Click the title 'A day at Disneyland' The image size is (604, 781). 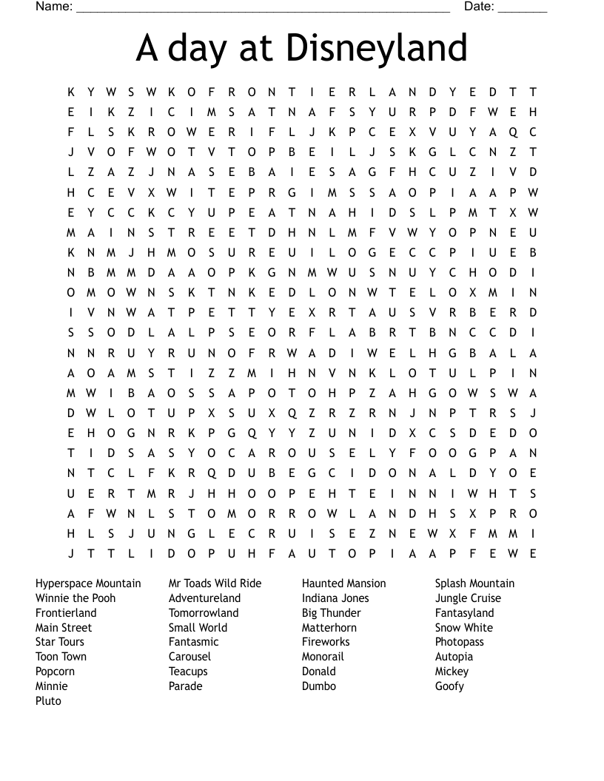[302, 49]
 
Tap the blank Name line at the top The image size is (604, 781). [263, 9]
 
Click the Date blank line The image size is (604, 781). [523, 9]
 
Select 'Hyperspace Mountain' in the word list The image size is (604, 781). [88, 584]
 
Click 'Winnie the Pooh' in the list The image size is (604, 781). [75, 598]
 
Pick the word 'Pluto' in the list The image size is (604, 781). [48, 701]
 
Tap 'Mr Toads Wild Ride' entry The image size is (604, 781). [215, 584]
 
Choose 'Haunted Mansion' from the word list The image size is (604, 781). [343, 584]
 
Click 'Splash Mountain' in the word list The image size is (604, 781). [474, 584]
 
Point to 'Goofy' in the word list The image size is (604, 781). [449, 686]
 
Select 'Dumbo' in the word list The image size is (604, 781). [319, 686]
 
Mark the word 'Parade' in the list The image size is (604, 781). [185, 686]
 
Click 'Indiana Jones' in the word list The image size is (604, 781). [335, 598]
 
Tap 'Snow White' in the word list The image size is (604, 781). [463, 628]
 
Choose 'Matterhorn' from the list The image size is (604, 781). [329, 628]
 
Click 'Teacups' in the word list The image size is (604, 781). [188, 672]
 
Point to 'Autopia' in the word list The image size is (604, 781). [454, 657]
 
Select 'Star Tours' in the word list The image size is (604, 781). [60, 642]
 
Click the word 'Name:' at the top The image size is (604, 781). [54, 7]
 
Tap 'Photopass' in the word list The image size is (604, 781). [459, 642]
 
